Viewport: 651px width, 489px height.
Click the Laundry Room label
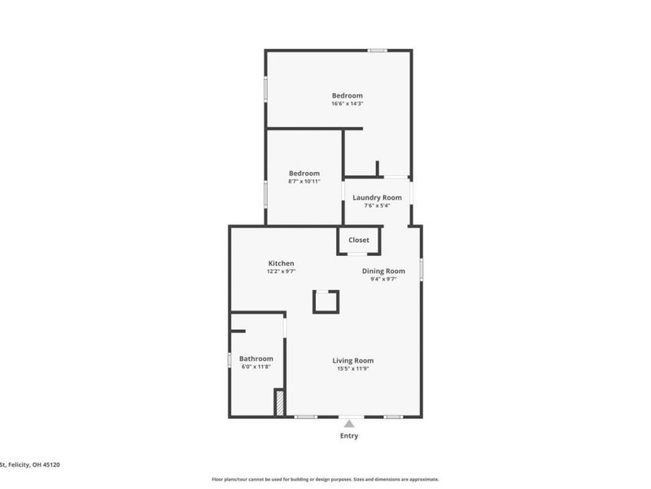click(377, 197)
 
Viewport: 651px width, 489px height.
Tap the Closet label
click(359, 240)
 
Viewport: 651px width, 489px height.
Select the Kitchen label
click(282, 263)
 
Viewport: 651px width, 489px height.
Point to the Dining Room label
click(383, 271)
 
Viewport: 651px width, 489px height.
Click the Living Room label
click(352, 360)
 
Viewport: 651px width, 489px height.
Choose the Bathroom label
click(256, 359)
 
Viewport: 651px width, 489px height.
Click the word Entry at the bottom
click(349, 436)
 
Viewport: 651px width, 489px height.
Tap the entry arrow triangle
click(349, 422)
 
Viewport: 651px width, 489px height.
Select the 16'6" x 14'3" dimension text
click(347, 104)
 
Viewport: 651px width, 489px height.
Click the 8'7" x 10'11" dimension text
click(304, 181)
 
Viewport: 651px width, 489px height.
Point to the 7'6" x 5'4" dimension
click(377, 205)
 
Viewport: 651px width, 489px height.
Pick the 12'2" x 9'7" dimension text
click(281, 271)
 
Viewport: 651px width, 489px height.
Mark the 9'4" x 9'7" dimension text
click(382, 279)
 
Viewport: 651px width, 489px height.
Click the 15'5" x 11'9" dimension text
click(352, 368)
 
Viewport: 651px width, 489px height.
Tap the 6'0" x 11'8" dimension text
click(256, 367)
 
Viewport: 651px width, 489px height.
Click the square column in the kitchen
click(325, 301)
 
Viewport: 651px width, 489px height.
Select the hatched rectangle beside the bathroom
click(278, 403)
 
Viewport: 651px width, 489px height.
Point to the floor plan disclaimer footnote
click(325, 479)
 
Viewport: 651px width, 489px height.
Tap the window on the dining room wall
click(421, 270)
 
